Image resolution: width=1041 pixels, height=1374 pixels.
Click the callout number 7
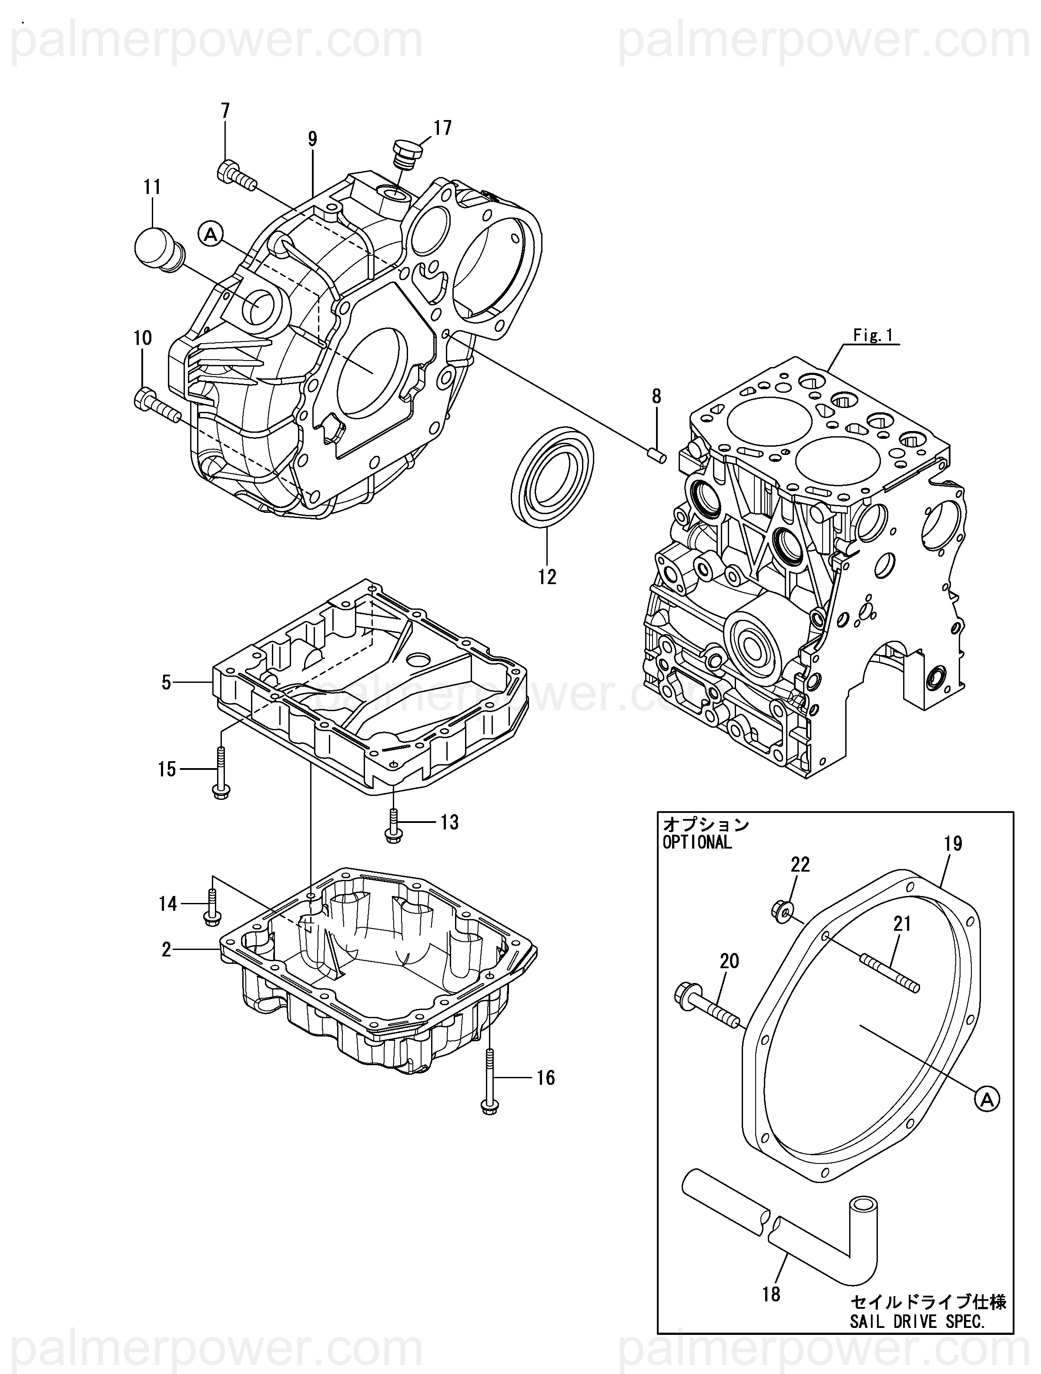click(225, 111)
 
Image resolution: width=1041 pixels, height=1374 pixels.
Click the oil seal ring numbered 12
click(552, 478)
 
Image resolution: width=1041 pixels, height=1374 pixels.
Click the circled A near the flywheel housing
click(211, 234)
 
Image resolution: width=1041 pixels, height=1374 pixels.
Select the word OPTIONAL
click(697, 843)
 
